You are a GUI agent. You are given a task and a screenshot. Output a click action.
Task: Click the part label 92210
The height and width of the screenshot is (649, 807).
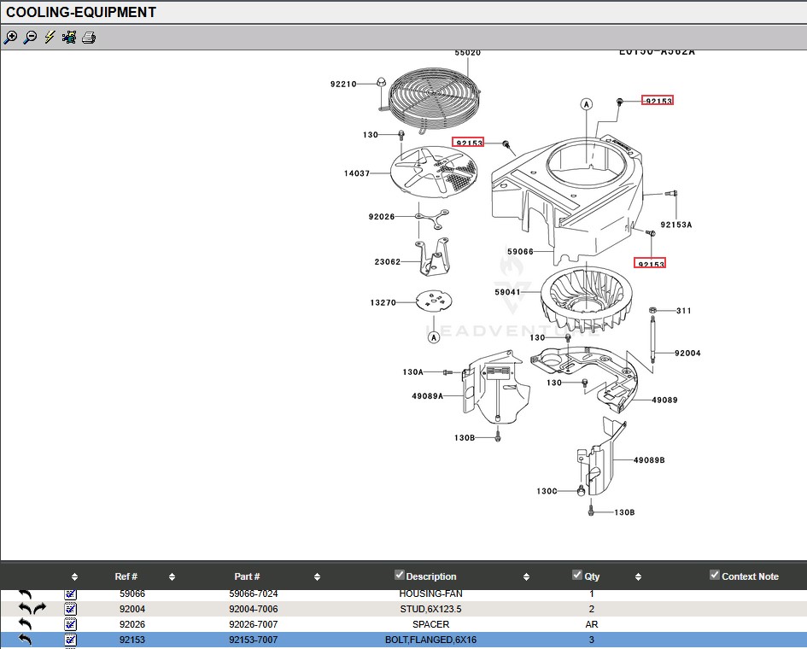pyautogui.click(x=343, y=84)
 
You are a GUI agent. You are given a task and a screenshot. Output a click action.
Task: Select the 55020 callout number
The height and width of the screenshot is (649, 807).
pyautogui.click(x=467, y=53)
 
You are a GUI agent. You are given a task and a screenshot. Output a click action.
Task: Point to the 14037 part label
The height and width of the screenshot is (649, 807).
pyautogui.click(x=357, y=173)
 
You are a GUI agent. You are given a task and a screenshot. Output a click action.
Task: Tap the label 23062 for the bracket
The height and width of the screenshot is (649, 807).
pyautogui.click(x=387, y=262)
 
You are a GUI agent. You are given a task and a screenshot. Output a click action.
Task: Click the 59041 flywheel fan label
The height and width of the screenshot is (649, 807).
pyautogui.click(x=507, y=292)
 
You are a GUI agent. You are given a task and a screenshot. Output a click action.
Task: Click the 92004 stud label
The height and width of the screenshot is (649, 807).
pyautogui.click(x=687, y=353)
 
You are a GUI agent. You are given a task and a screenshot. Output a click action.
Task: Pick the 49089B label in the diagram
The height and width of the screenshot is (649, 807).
pyautogui.click(x=649, y=460)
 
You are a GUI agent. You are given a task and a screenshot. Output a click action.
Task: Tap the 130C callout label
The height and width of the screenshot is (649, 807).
pyautogui.click(x=547, y=491)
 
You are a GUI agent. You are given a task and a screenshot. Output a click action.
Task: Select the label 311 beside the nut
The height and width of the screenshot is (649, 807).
pyautogui.click(x=684, y=311)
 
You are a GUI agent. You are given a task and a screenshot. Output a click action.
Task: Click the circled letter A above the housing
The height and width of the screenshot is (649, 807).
pyautogui.click(x=587, y=104)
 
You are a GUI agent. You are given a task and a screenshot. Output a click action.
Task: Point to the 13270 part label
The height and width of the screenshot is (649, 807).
pyautogui.click(x=383, y=303)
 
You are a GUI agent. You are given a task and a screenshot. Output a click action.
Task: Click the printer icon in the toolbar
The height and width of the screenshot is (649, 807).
pyautogui.click(x=89, y=38)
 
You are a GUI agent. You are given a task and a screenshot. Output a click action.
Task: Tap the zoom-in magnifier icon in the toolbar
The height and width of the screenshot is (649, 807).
pyautogui.click(x=10, y=38)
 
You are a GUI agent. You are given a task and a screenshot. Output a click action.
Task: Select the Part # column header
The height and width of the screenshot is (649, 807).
pyautogui.click(x=247, y=576)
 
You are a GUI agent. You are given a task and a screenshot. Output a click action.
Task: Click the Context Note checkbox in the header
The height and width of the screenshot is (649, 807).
pyautogui.click(x=715, y=575)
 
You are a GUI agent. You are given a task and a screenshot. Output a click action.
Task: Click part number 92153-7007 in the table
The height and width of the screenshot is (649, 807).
pyautogui.click(x=253, y=640)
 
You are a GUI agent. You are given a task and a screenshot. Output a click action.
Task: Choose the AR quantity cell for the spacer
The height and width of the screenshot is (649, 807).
pyautogui.click(x=591, y=624)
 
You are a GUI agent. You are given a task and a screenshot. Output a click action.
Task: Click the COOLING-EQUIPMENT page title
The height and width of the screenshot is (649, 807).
pyautogui.click(x=81, y=12)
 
